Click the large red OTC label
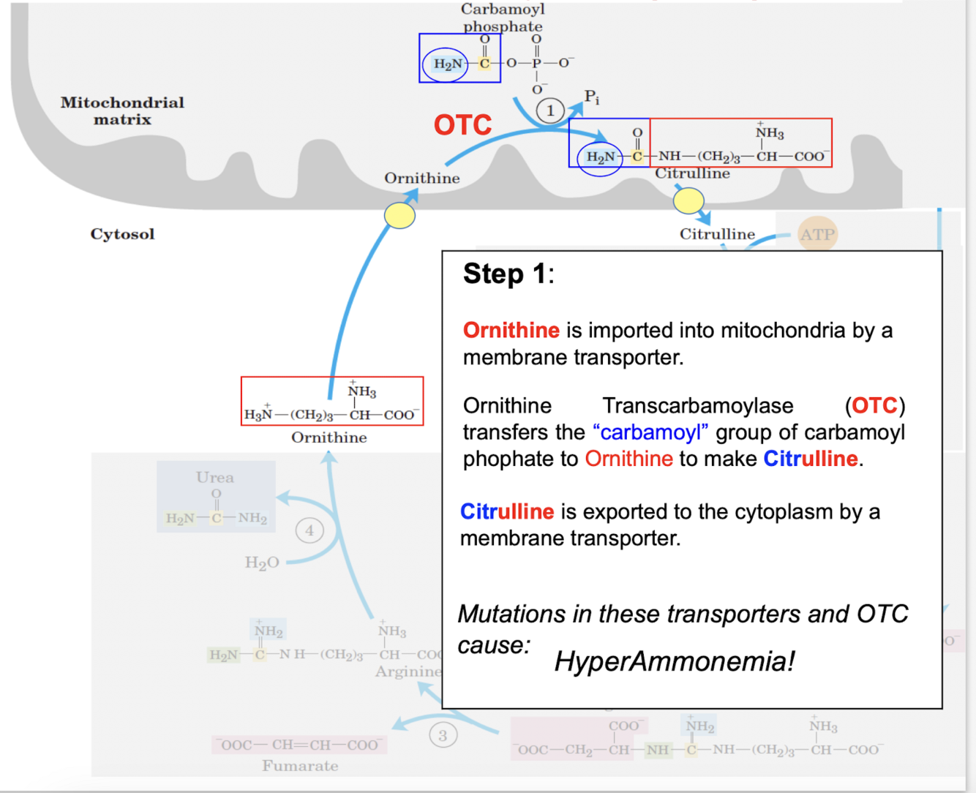tap(462, 125)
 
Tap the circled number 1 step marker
tap(550, 110)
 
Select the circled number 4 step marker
tap(309, 530)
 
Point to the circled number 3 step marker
tap(443, 735)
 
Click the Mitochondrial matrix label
tap(122, 110)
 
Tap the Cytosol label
tap(122, 234)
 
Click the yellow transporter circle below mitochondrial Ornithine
tap(400, 216)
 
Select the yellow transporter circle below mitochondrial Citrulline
tap(688, 200)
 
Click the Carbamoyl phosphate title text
tap(503, 18)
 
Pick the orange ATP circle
tap(817, 234)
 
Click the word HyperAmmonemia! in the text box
tap(674, 661)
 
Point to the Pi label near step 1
tap(592, 97)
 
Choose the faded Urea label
tap(215, 478)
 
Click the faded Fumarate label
tap(300, 766)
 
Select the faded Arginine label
tap(408, 672)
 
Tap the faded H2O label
tap(262, 563)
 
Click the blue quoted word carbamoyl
tap(650, 432)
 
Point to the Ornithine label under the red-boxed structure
tap(329, 437)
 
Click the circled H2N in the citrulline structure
tap(600, 157)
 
